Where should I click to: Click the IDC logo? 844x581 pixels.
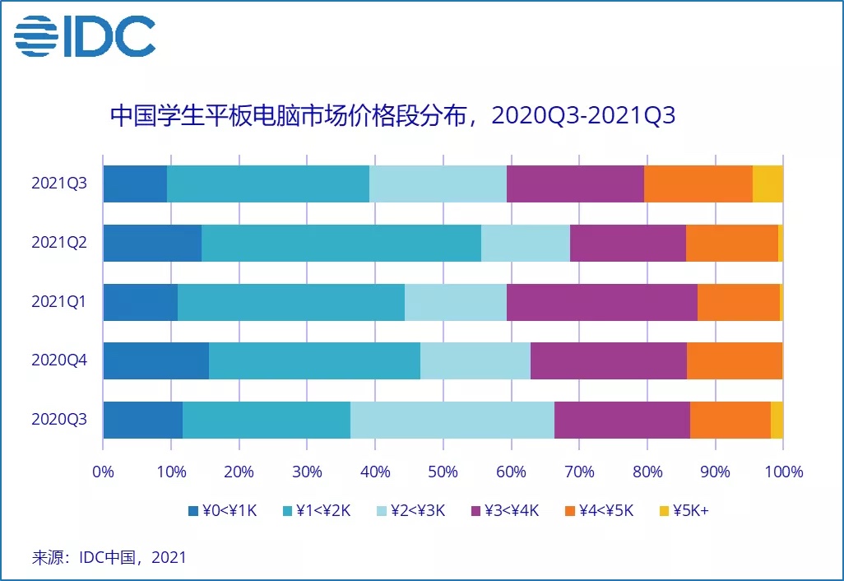coord(85,35)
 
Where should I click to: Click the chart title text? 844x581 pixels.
coord(392,114)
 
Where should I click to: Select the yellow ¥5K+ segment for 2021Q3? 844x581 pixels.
coord(767,184)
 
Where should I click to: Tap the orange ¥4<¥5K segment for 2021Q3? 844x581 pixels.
coord(698,184)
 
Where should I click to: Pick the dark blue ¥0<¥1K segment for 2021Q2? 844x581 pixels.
coord(152,243)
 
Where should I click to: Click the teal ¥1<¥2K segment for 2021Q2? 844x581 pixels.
coord(341,243)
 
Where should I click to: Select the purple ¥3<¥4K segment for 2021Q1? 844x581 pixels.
coord(601,302)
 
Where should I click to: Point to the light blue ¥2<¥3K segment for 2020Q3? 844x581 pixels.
coord(452,421)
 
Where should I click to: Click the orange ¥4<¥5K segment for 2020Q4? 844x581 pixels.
coord(734,361)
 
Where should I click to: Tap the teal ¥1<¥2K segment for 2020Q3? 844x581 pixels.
coord(266,421)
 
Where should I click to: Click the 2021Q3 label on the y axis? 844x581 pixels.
coord(59,184)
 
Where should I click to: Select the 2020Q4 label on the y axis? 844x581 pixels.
coord(59,361)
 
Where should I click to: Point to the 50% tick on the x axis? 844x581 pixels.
coord(443,472)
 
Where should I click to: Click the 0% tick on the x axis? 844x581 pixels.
coord(103,472)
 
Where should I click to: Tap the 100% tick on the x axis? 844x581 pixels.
coord(783,472)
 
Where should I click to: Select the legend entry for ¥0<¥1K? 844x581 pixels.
coord(223,510)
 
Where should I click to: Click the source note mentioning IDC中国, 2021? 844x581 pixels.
coord(109,557)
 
